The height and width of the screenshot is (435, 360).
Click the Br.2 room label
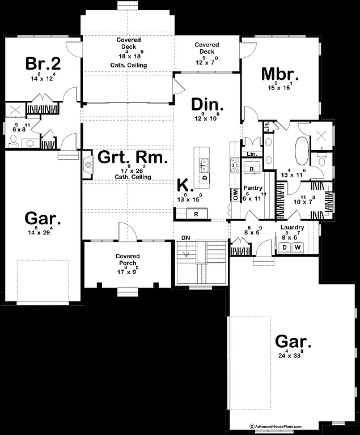[x=43, y=63]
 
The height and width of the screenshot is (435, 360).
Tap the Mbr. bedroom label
[x=279, y=74]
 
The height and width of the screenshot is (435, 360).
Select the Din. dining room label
[x=207, y=105]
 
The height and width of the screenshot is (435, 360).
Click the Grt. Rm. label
[x=133, y=157]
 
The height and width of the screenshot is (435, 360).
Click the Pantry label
[x=251, y=187]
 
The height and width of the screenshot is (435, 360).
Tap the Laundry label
[x=293, y=227]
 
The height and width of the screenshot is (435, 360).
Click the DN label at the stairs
[x=185, y=237]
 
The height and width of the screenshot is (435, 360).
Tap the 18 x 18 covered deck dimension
[x=129, y=57]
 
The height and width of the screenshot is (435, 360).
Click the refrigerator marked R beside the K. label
[x=196, y=214]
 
